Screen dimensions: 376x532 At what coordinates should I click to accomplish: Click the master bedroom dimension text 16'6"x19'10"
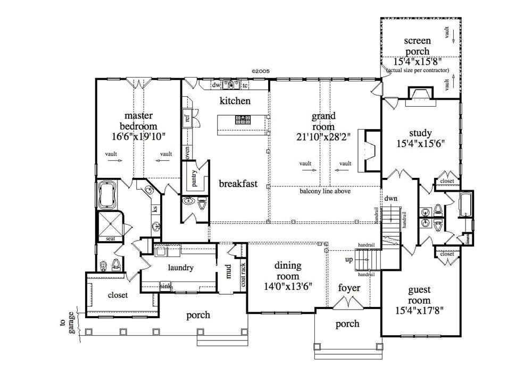pyautogui.click(x=138, y=136)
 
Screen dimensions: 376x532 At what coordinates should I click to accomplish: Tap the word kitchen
pyautogui.click(x=235, y=101)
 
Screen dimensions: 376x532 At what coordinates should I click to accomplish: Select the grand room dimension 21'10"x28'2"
pyautogui.click(x=323, y=136)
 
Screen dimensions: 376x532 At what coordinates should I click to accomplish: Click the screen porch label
pyautogui.click(x=417, y=46)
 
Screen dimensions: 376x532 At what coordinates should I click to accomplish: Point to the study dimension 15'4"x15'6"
pyautogui.click(x=420, y=143)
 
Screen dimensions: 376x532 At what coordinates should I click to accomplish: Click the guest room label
pyautogui.click(x=420, y=295)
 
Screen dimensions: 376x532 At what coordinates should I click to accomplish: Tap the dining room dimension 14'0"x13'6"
pyautogui.click(x=287, y=286)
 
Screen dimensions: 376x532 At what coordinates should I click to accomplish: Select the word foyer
pyautogui.click(x=349, y=288)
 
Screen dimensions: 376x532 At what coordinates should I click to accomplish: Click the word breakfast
pyautogui.click(x=238, y=184)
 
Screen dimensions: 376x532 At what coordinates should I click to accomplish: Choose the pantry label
pyautogui.click(x=195, y=179)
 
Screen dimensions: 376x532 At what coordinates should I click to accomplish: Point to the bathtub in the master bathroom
pyautogui.click(x=108, y=195)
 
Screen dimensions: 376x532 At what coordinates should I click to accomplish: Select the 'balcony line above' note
pyautogui.click(x=325, y=191)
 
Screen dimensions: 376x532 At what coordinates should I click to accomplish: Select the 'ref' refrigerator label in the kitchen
pyautogui.click(x=187, y=118)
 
